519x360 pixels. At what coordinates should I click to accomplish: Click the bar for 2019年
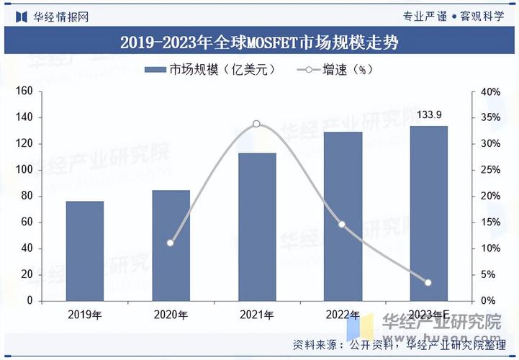(x=85, y=251)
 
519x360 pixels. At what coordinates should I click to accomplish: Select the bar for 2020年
(x=171, y=245)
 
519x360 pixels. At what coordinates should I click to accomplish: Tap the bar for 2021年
(x=257, y=227)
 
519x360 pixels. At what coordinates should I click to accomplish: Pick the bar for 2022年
(x=343, y=216)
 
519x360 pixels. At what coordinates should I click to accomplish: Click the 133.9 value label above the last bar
(x=429, y=114)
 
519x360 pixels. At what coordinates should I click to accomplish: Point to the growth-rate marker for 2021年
(x=257, y=124)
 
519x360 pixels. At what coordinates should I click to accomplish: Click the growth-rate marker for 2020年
(x=171, y=243)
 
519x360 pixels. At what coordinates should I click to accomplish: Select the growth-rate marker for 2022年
(x=343, y=225)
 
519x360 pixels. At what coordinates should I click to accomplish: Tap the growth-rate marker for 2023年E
(x=428, y=282)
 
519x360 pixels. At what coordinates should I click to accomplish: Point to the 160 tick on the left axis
(x=24, y=91)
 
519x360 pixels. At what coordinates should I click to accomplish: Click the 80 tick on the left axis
(x=27, y=196)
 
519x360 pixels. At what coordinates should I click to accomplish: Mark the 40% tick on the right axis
(x=491, y=91)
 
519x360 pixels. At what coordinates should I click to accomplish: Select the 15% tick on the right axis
(x=491, y=222)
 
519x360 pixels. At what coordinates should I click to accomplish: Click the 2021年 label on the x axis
(x=257, y=315)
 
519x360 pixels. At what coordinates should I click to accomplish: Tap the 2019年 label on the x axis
(x=85, y=315)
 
